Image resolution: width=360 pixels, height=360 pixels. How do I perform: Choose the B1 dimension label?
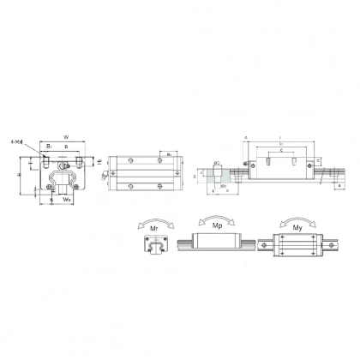(50, 147)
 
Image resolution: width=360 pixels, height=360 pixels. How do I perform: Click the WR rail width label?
(66, 199)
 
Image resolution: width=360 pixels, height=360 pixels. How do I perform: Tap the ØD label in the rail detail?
(217, 162)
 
